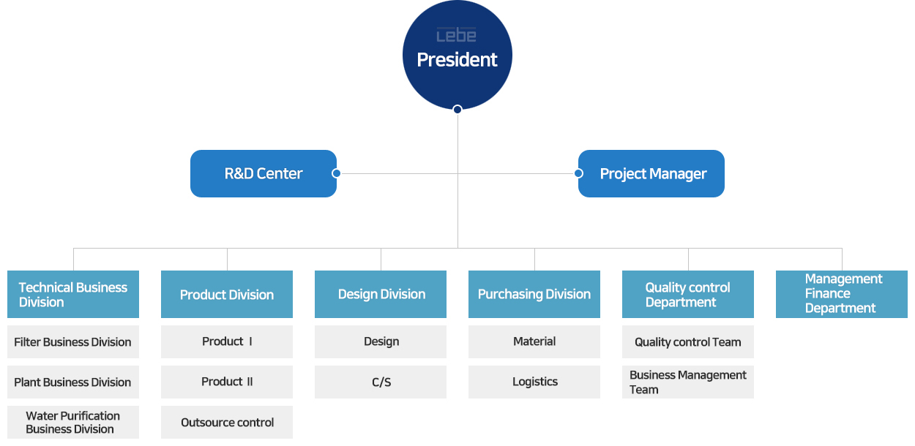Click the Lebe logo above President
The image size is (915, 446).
pos(456,35)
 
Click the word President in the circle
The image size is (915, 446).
pos(457,59)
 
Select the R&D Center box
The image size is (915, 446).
pos(264,173)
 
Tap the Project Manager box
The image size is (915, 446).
pos(651,173)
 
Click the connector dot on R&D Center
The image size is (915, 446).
pos(336,173)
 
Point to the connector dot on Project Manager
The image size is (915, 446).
pos(578,173)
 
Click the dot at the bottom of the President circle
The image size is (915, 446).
pos(457,110)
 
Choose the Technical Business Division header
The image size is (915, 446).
pos(73,294)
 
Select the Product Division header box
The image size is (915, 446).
pos(227,294)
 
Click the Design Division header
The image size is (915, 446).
pos(381,294)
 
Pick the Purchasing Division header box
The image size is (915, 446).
pos(534,294)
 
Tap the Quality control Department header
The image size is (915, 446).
pos(688,294)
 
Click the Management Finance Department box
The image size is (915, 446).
pos(842,294)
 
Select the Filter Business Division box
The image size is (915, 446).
pos(73,341)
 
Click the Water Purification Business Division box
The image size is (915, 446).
pos(73,422)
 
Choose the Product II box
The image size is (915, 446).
pos(227,382)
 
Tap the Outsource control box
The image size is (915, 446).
pos(227,422)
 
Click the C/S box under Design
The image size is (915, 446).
pos(381,382)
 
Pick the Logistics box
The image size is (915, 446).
pos(534,382)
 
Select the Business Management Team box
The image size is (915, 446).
pos(688,382)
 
